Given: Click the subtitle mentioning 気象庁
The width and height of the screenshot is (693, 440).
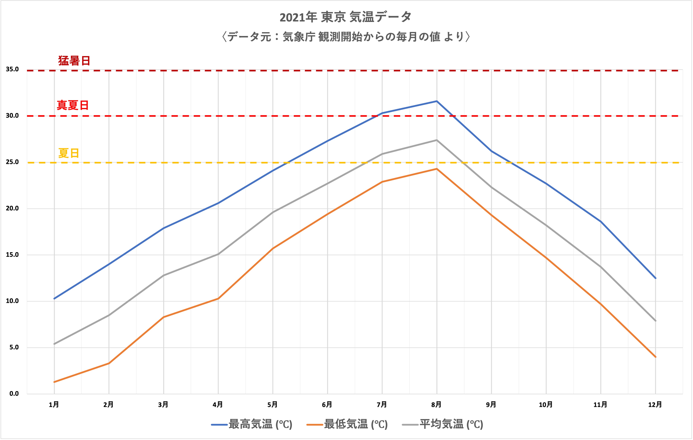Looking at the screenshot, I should pyautogui.click(x=346, y=37).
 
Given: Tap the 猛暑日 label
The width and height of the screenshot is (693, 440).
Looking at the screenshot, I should pyautogui.click(x=74, y=61).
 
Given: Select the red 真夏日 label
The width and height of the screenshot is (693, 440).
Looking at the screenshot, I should pyautogui.click(x=73, y=106).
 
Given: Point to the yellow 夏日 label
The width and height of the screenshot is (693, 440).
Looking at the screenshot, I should pyautogui.click(x=68, y=153).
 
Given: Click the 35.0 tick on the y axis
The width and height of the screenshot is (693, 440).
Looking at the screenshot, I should pyautogui.click(x=12, y=70).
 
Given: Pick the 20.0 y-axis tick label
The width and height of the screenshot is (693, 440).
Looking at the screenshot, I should pyautogui.click(x=12, y=209).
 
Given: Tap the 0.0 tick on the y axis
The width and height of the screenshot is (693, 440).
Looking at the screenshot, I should pyautogui.click(x=14, y=394).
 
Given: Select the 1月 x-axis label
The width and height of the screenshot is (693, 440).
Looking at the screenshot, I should pyautogui.click(x=54, y=405).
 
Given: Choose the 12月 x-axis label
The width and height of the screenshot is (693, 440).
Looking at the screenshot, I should pyautogui.click(x=655, y=405).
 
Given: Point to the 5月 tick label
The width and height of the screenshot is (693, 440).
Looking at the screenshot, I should pyautogui.click(x=272, y=405).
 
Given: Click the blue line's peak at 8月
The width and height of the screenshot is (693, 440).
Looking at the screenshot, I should pyautogui.click(x=437, y=101).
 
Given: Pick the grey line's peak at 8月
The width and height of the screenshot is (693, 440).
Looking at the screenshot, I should pyautogui.click(x=437, y=140).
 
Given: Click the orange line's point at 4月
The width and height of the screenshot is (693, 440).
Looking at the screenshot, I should pyautogui.click(x=218, y=299).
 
